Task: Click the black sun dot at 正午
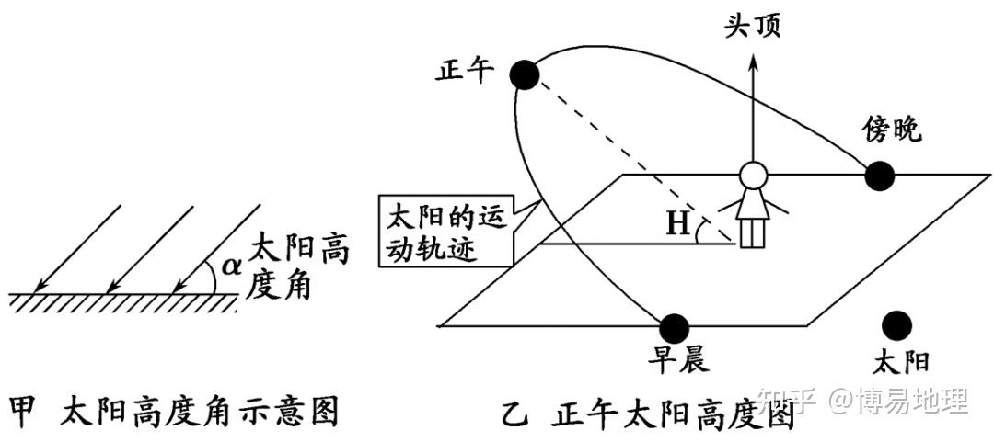[x=524, y=74]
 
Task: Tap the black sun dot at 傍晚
[x=879, y=176]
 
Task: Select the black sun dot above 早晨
[x=675, y=326]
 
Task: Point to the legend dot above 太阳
[x=895, y=324]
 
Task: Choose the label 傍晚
[x=891, y=129]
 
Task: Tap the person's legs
[x=753, y=233]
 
